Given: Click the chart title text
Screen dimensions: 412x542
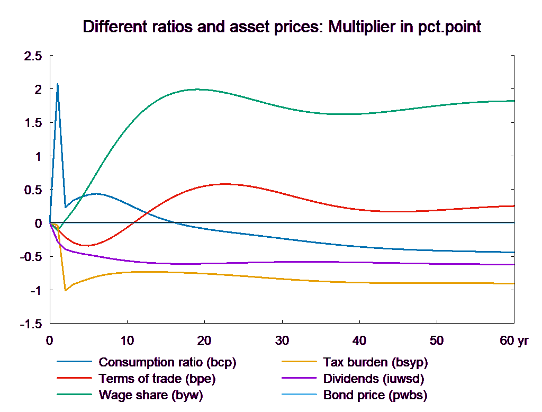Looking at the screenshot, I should pyautogui.click(x=282, y=27).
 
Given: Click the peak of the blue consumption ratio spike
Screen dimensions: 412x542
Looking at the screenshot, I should pyautogui.click(x=57, y=84).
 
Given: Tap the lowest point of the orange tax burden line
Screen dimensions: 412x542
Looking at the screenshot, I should pyautogui.click(x=65, y=290).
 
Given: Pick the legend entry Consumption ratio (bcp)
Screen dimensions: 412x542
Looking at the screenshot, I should pyautogui.click(x=167, y=363).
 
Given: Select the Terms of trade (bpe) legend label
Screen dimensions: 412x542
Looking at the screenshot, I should pyautogui.click(x=157, y=379).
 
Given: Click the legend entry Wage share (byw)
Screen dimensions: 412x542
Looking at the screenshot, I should pyautogui.click(x=151, y=395).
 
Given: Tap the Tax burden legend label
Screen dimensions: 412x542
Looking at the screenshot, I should pyautogui.click(x=375, y=363).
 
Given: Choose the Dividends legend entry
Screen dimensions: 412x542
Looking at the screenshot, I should pyautogui.click(x=374, y=379).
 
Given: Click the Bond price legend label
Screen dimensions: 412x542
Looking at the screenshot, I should pyautogui.click(x=375, y=395).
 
